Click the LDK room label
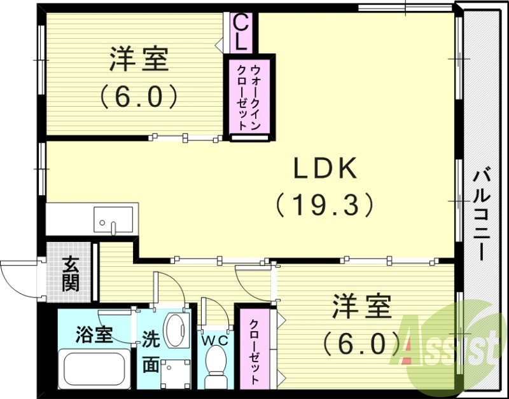pos(326,169)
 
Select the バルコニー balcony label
pos(482,212)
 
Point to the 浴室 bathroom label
pos(94,334)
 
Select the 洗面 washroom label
pos(151,351)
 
